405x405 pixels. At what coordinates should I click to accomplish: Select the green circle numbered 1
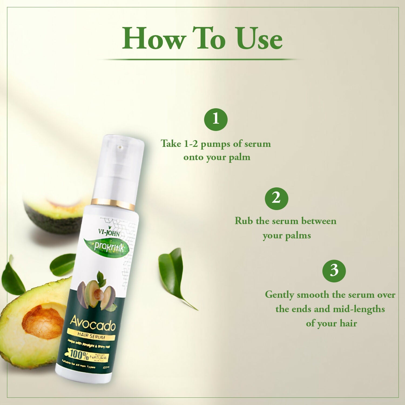coord(216,119)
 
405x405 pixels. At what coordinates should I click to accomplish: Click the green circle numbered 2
coord(276,198)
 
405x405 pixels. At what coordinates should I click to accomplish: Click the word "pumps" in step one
coord(215,144)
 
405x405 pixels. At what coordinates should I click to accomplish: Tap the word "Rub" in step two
coord(244,221)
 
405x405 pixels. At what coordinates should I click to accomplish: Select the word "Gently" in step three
coord(279,295)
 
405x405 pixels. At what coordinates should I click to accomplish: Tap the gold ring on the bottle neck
coord(113,204)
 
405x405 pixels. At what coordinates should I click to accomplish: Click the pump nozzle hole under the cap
coord(120,147)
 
